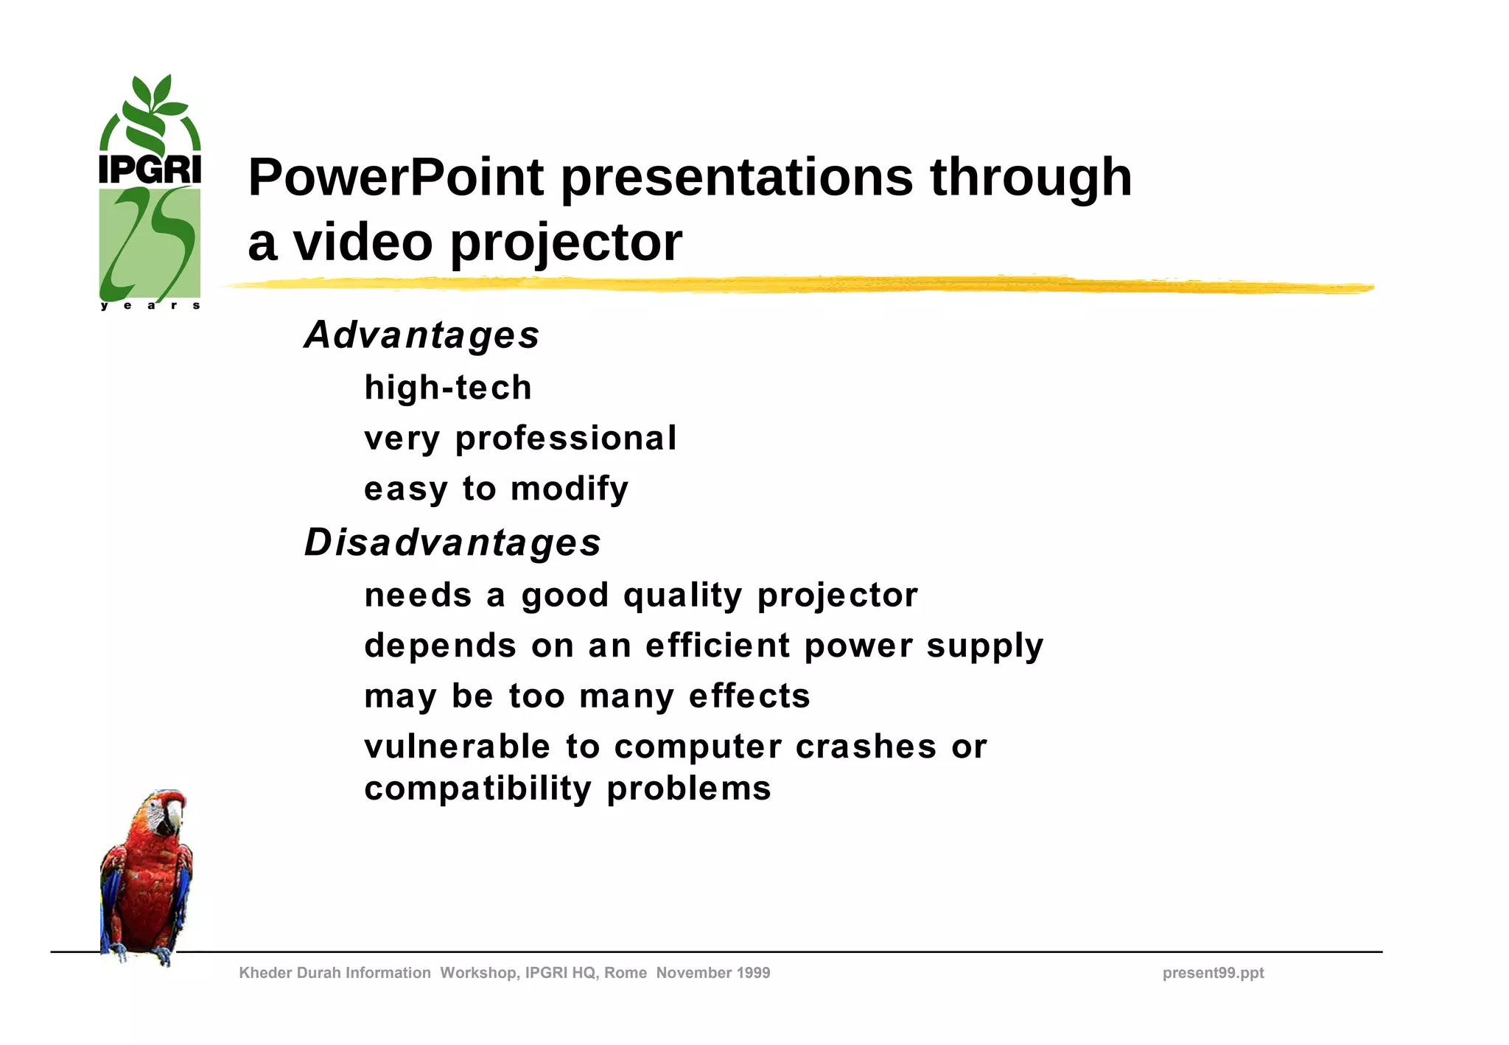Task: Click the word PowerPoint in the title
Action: [396, 178]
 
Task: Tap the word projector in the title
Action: [566, 243]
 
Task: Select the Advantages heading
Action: [421, 335]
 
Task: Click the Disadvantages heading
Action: [452, 543]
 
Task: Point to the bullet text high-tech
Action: [448, 388]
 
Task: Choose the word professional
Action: [566, 438]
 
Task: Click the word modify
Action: [570, 489]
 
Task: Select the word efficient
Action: [718, 646]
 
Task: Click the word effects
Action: [749, 696]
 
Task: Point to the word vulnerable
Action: [457, 747]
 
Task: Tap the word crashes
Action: [866, 747]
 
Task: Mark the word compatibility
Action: [477, 789]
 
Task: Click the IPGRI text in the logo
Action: [150, 169]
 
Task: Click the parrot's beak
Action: [174, 815]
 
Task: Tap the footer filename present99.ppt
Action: [1213, 973]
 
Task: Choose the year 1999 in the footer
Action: [752, 973]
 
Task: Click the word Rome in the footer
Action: [626, 973]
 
